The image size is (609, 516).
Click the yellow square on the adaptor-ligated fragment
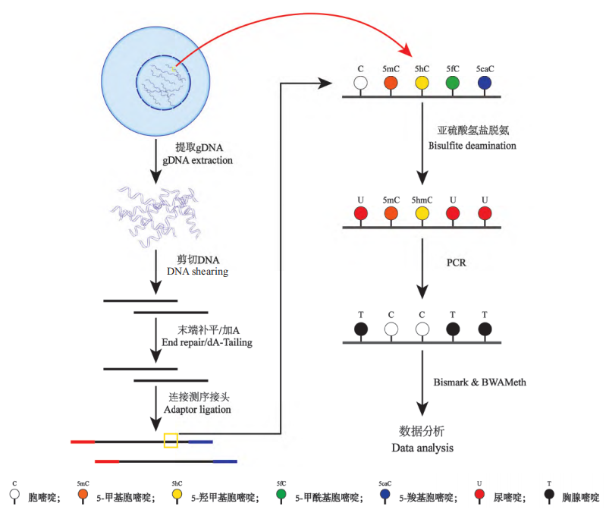click(x=171, y=440)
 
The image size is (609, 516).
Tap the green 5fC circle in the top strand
click(x=453, y=83)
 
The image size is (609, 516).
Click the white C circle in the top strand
click(x=360, y=83)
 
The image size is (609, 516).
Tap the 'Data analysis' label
click(x=422, y=448)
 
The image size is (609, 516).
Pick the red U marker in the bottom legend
click(x=479, y=496)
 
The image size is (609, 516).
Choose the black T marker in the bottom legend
click(x=548, y=496)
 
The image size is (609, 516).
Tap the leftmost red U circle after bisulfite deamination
click(x=360, y=212)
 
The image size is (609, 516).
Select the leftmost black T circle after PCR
click(x=360, y=329)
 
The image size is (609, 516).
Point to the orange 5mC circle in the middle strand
click(x=391, y=212)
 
